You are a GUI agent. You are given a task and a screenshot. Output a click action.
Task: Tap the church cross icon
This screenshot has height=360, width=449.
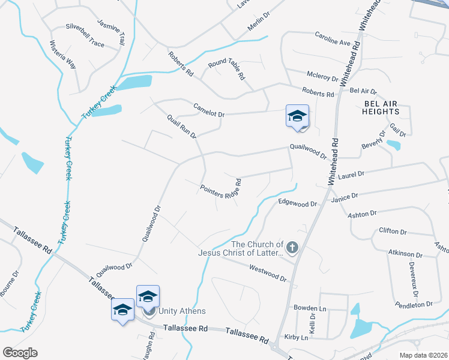[x=292, y=247]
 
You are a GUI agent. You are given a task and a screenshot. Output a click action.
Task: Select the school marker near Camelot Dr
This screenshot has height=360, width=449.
[x=297, y=116]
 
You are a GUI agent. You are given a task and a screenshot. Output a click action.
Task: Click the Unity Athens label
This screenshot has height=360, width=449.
[x=181, y=311]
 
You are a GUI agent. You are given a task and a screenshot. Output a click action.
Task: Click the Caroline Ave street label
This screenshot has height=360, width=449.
[x=333, y=38]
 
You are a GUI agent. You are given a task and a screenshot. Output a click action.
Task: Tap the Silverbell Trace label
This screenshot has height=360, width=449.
[x=85, y=28]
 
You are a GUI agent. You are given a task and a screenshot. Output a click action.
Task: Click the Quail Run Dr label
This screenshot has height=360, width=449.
[x=182, y=127]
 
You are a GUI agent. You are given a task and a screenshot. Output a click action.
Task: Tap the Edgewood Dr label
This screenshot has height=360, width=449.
[x=297, y=203]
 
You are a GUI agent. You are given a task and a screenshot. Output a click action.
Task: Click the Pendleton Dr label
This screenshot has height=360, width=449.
[x=414, y=304]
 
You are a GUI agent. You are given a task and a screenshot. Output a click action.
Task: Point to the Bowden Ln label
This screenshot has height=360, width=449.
[x=309, y=308]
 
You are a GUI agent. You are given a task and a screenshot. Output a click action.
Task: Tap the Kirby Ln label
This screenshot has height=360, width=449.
[x=297, y=338]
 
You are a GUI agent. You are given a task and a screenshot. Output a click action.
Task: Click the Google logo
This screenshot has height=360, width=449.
[x=20, y=353]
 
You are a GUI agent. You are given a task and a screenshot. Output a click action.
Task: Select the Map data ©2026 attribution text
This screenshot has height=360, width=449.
[x=423, y=355]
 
